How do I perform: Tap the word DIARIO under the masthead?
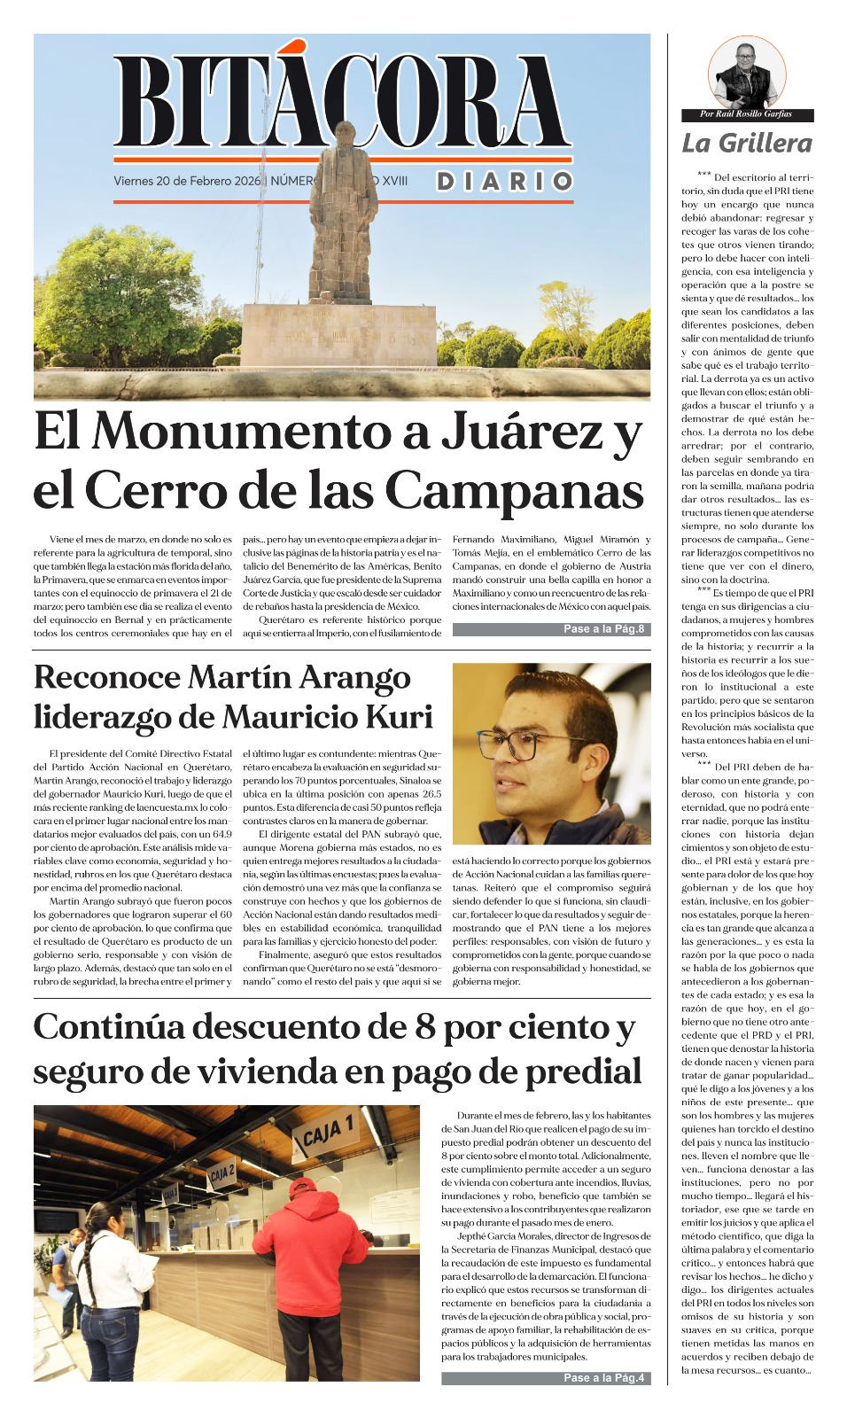[x=504, y=182]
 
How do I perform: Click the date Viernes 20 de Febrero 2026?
[x=187, y=181]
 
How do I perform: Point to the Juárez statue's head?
[x=344, y=135]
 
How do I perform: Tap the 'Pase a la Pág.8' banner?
[x=551, y=629]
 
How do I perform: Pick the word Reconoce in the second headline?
[x=106, y=677]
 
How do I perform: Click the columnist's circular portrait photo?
[x=747, y=73]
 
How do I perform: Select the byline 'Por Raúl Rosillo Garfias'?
[x=746, y=114]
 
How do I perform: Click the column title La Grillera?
[x=746, y=143]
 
